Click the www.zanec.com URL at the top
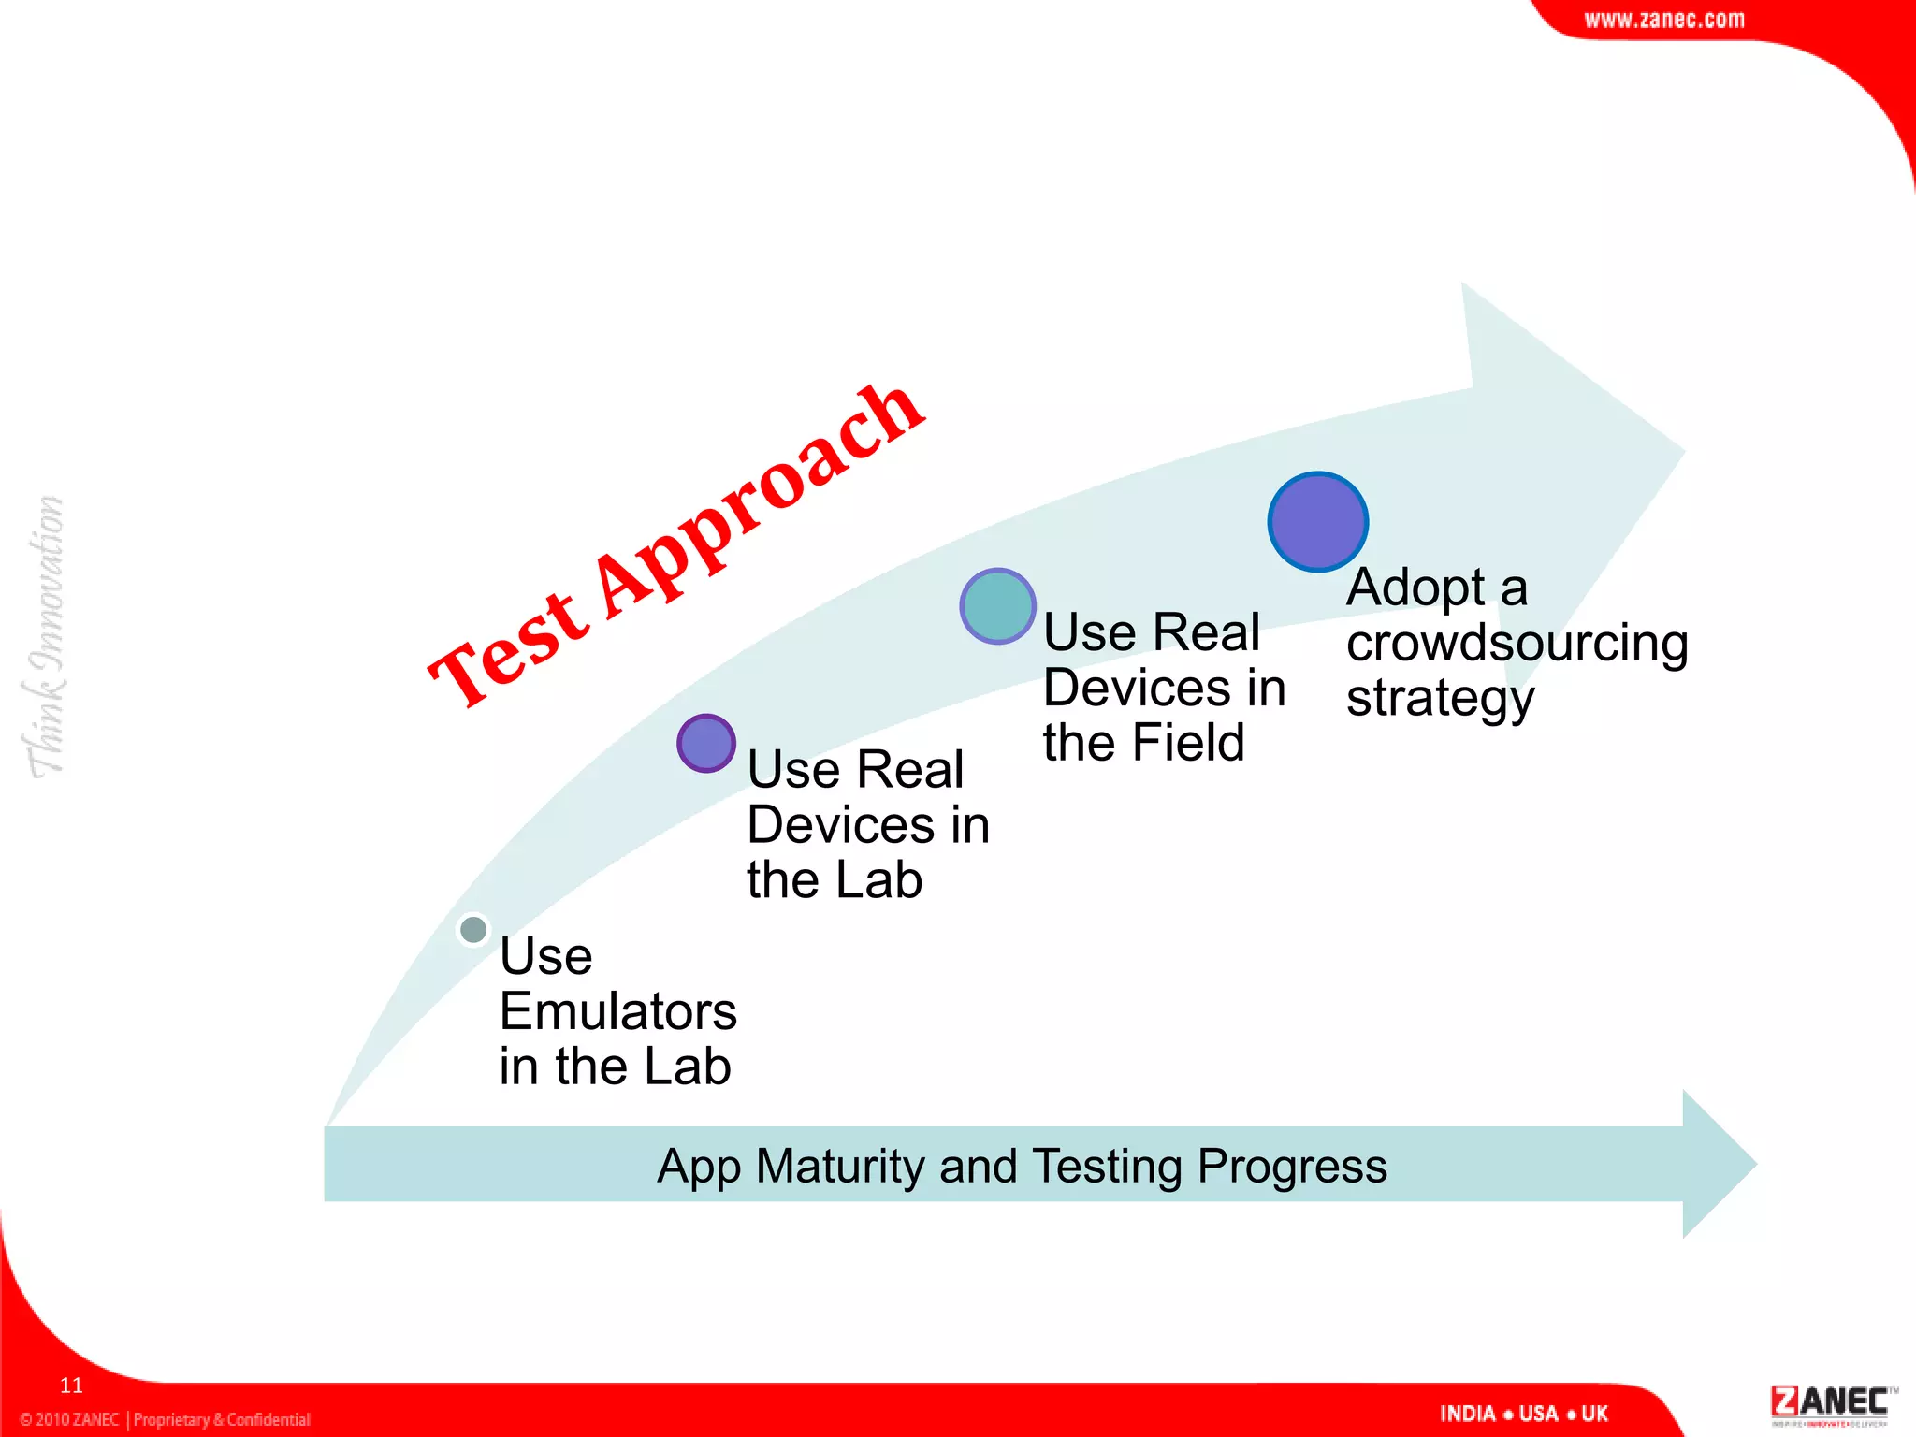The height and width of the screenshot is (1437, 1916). pyautogui.click(x=1663, y=20)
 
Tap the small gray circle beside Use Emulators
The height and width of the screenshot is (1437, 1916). pyautogui.click(x=473, y=930)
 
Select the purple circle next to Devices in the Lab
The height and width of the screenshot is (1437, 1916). pyautogui.click(x=706, y=744)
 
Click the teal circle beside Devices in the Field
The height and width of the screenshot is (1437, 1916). pyautogui.click(x=997, y=606)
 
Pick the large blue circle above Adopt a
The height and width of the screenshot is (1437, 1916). pyautogui.click(x=1317, y=522)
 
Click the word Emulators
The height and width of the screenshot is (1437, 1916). pyautogui.click(x=617, y=1011)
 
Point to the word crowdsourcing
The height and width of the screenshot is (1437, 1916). pyautogui.click(x=1517, y=644)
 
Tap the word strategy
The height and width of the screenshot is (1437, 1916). pyautogui.click(x=1440, y=699)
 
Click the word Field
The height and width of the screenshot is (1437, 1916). pyautogui.click(x=1187, y=743)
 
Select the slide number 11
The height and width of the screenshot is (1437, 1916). pyautogui.click(x=71, y=1386)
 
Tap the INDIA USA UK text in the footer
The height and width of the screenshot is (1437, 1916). pyautogui.click(x=1523, y=1414)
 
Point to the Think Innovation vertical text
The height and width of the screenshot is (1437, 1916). pyautogui.click(x=44, y=636)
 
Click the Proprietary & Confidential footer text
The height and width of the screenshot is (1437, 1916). pyautogui.click(x=222, y=1419)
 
